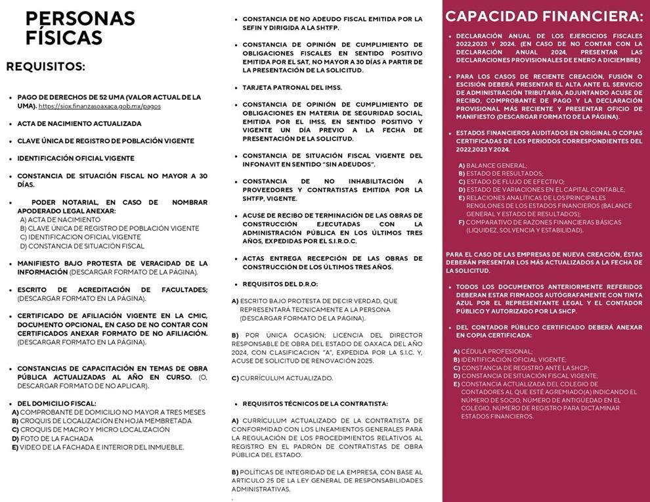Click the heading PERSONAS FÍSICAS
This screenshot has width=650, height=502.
[x=79, y=28]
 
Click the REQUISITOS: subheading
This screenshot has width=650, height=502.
[x=46, y=66]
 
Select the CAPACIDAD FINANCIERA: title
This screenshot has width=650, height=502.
[x=544, y=16]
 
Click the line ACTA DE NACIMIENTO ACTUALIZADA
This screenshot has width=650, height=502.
[x=79, y=124]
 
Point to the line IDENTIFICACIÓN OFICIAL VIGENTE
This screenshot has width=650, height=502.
[x=76, y=158]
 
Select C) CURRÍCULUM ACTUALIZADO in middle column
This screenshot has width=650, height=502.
[x=282, y=378]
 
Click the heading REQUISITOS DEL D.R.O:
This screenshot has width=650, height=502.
[x=280, y=284]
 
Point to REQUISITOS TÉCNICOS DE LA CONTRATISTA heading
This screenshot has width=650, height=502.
[x=315, y=403]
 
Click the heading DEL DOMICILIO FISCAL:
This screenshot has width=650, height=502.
[x=56, y=403]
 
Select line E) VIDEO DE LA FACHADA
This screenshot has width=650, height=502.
[x=98, y=447]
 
